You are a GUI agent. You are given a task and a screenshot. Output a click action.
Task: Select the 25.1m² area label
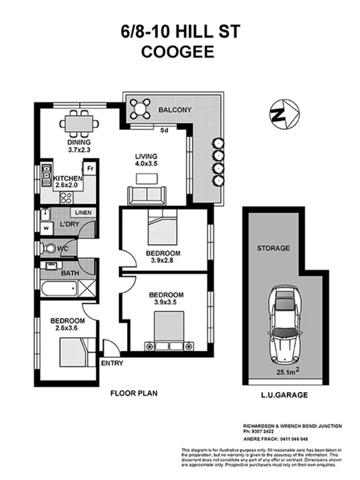tap(289, 373)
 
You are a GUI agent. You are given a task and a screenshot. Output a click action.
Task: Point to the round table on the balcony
tap(141, 107)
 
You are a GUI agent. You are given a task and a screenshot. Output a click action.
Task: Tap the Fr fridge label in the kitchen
tap(89, 168)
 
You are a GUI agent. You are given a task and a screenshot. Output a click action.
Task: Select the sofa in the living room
tap(145, 194)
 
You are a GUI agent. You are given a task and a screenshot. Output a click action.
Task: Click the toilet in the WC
tap(49, 248)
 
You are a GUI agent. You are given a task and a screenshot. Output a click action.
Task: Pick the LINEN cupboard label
tap(82, 213)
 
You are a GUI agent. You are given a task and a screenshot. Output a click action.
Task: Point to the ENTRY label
tap(112, 363)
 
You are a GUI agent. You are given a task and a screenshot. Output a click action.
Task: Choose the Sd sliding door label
tap(164, 128)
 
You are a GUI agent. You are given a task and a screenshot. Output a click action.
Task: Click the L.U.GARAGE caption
tap(282, 396)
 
